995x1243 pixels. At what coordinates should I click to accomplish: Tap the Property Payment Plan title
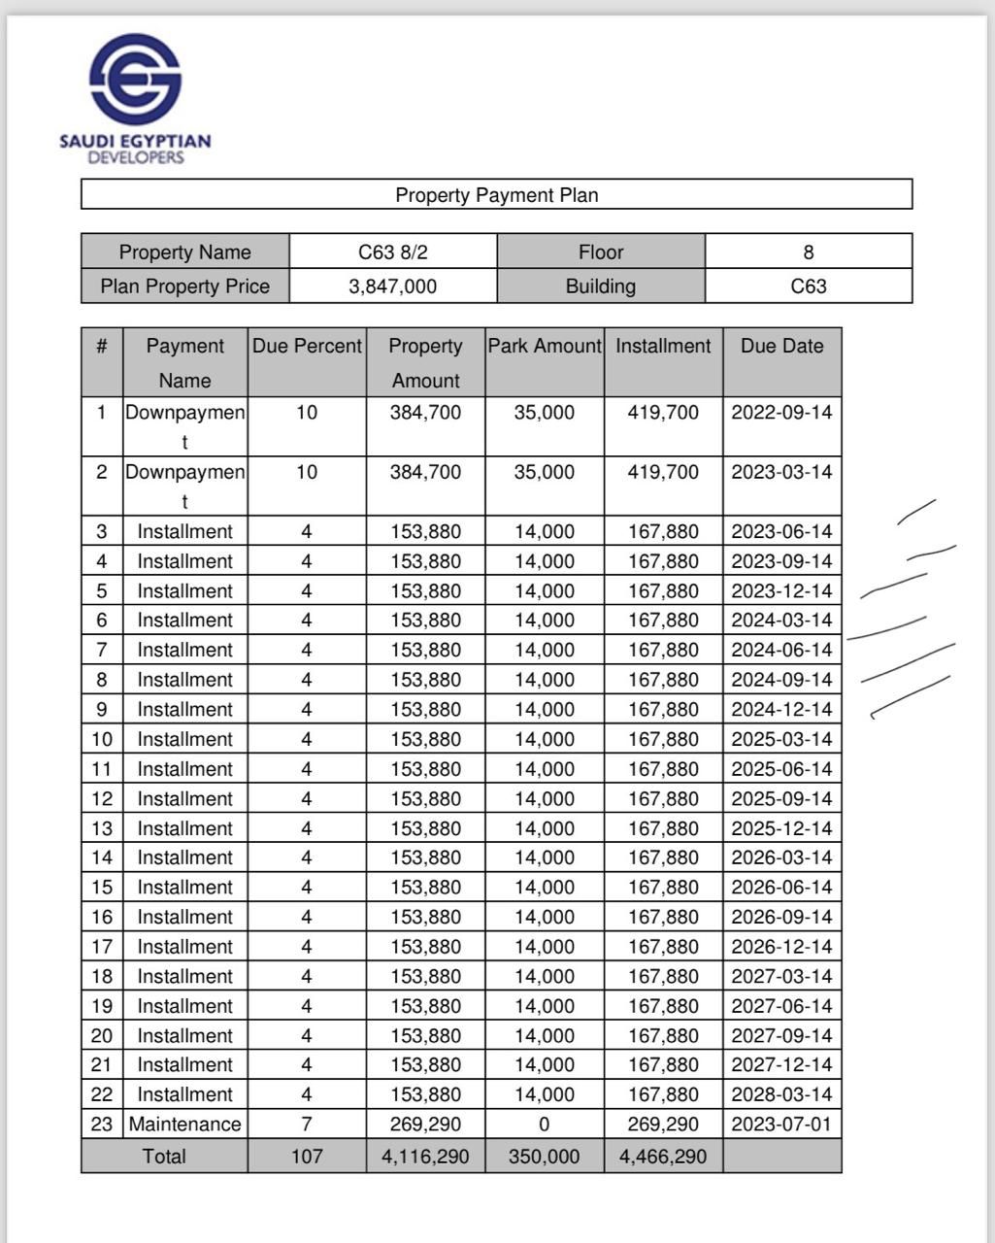pyautogui.click(x=496, y=195)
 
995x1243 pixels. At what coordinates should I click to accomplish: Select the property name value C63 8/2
pyautogui.click(x=393, y=252)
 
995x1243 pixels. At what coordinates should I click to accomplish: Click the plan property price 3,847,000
pyautogui.click(x=393, y=286)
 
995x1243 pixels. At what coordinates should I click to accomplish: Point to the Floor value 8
pyautogui.click(x=809, y=252)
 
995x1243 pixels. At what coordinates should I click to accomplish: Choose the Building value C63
pyautogui.click(x=809, y=286)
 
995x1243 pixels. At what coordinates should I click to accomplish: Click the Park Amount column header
pyautogui.click(x=545, y=347)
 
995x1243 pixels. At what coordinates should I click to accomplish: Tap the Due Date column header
pyautogui.click(x=781, y=347)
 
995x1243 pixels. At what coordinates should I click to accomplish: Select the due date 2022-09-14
pyautogui.click(x=781, y=413)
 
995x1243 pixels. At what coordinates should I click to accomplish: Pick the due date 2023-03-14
pyautogui.click(x=781, y=472)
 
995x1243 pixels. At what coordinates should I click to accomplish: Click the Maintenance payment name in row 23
pyautogui.click(x=184, y=1125)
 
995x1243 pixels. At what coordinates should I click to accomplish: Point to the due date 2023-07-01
pyautogui.click(x=781, y=1125)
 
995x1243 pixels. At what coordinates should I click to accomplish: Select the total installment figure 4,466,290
pyautogui.click(x=663, y=1157)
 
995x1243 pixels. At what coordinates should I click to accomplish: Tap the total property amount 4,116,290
pyautogui.click(x=425, y=1157)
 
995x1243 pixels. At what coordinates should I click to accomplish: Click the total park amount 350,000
pyautogui.click(x=545, y=1157)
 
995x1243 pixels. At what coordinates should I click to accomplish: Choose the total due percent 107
pyautogui.click(x=307, y=1157)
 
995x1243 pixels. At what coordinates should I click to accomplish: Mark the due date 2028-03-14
pyautogui.click(x=781, y=1094)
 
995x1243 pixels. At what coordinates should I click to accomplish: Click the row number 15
pyautogui.click(x=102, y=888)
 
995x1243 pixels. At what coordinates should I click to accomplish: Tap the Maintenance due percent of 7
pyautogui.click(x=307, y=1125)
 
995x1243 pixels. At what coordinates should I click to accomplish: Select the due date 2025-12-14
pyautogui.click(x=781, y=828)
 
